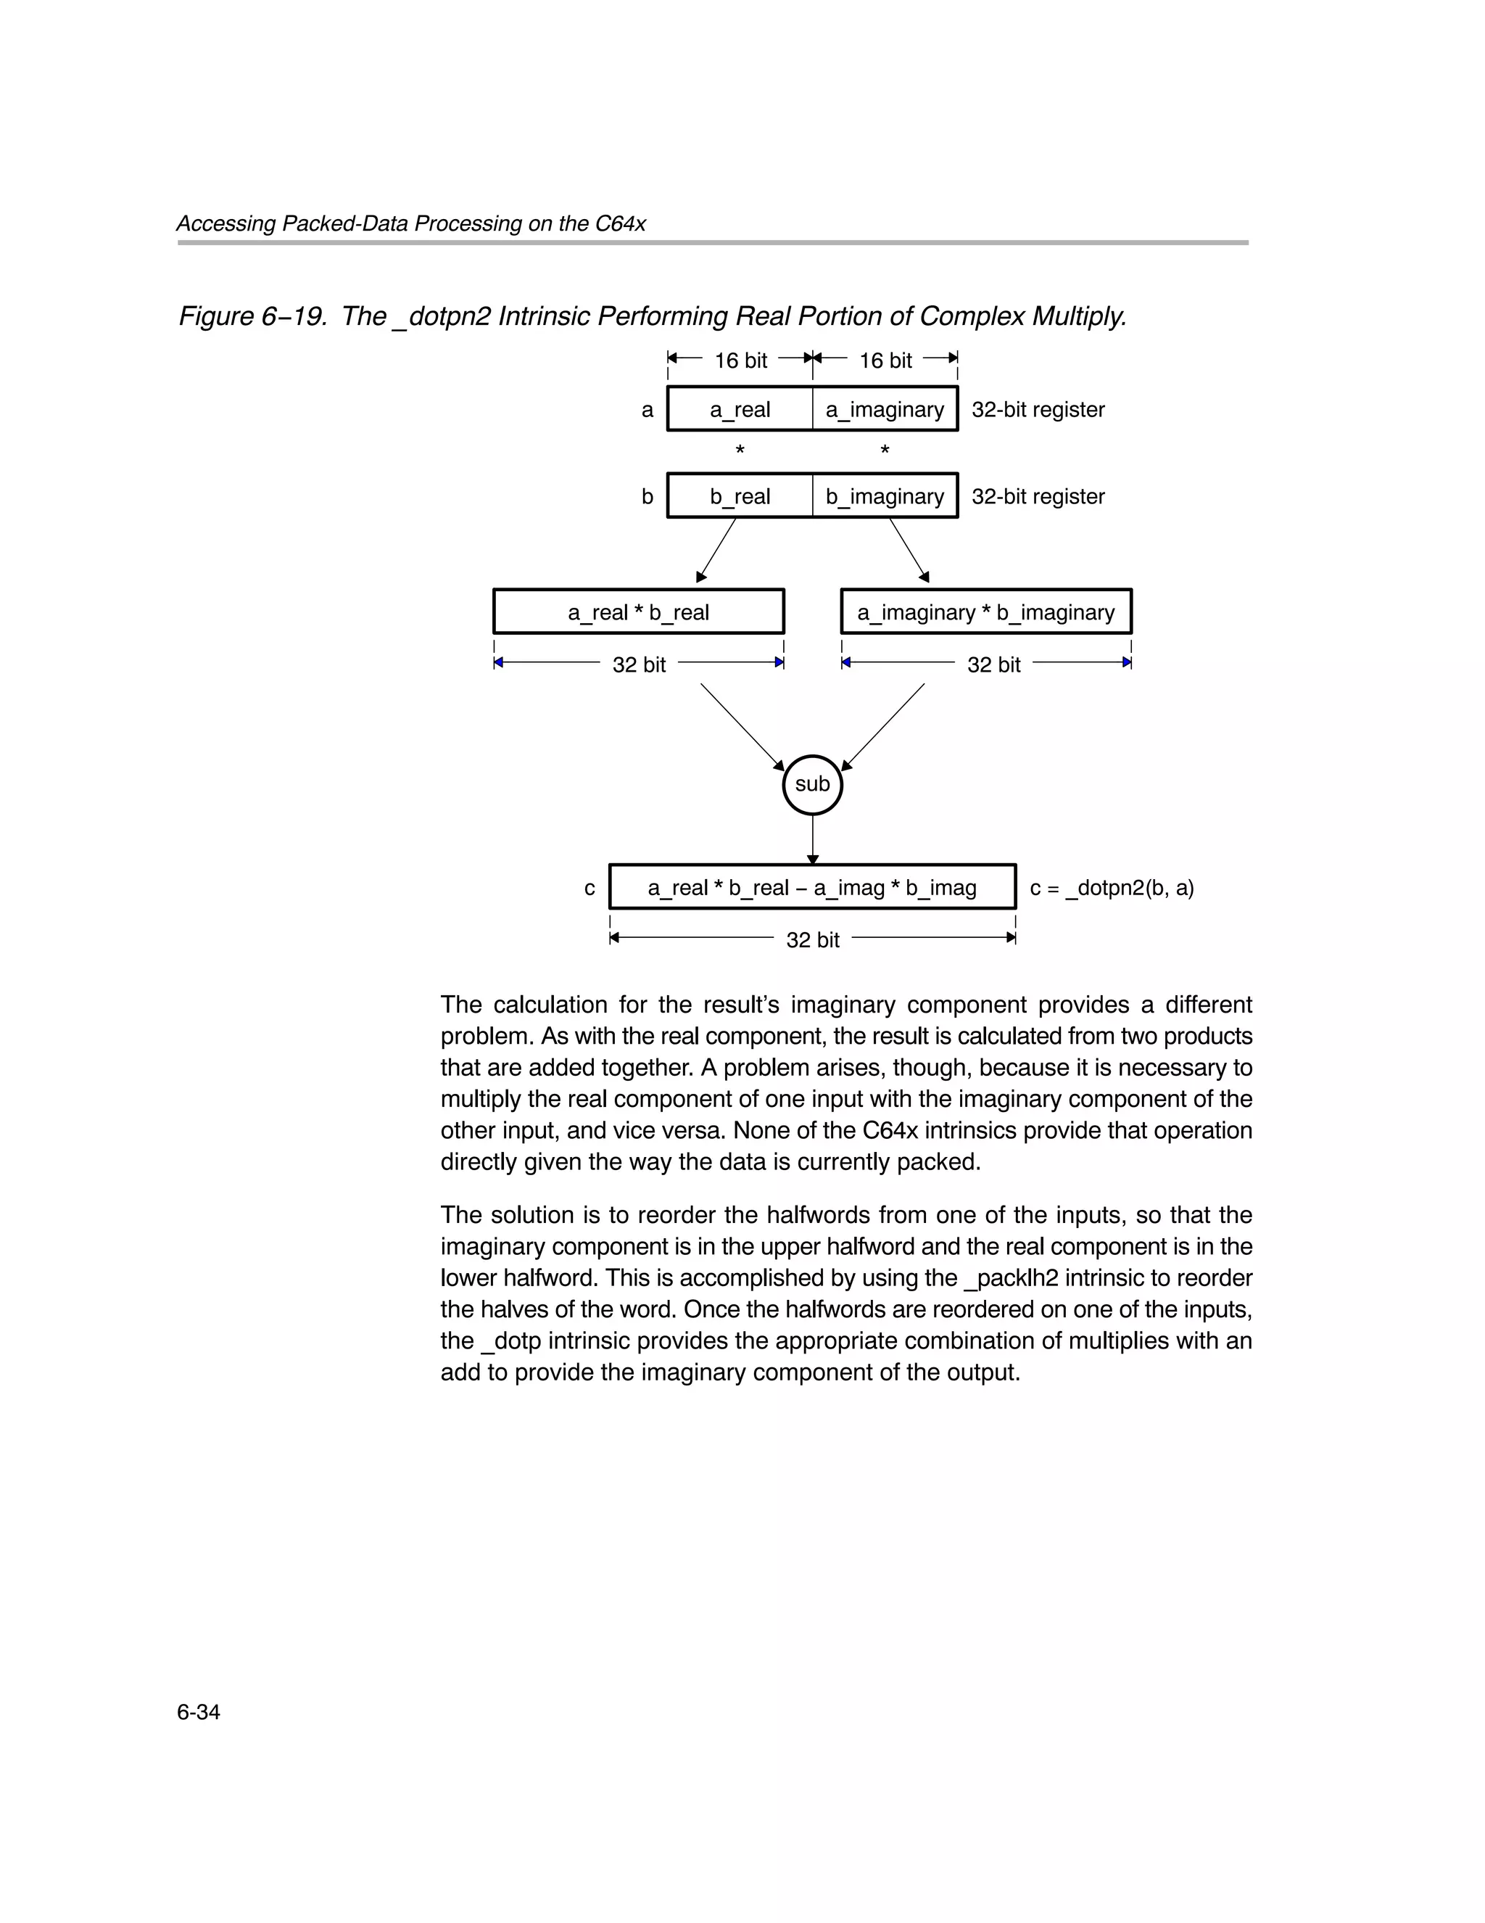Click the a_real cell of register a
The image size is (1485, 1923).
click(740, 409)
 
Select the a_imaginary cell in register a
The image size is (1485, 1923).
click(885, 409)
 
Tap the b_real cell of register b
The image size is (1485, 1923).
click(740, 497)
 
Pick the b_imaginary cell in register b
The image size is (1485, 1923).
click(885, 497)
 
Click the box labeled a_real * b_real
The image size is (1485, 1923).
click(638, 612)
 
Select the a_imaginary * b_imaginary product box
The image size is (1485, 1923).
click(986, 612)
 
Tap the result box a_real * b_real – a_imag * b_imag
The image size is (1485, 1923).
click(811, 888)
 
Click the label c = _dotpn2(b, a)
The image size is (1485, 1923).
click(1111, 888)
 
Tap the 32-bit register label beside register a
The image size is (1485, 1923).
click(1038, 409)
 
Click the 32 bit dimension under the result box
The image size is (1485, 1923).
click(811, 939)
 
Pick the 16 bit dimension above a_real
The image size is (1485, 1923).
click(740, 360)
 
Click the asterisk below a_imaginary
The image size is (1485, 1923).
click(885, 450)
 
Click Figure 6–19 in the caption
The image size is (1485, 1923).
click(252, 316)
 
